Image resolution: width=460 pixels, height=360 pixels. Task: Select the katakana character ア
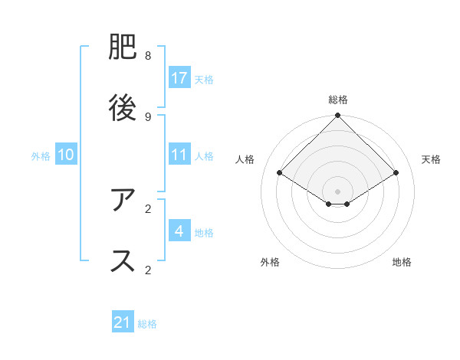click(x=123, y=200)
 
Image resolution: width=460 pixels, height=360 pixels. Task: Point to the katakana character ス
click(x=123, y=260)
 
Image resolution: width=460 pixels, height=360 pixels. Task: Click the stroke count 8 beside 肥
click(x=148, y=56)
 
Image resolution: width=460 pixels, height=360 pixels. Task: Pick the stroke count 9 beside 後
click(x=148, y=116)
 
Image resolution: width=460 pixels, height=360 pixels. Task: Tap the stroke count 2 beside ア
click(x=148, y=208)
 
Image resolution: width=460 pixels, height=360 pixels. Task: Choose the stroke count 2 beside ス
click(x=148, y=269)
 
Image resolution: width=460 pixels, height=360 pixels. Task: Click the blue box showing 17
click(x=179, y=78)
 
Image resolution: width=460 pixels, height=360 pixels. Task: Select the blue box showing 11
click(x=179, y=155)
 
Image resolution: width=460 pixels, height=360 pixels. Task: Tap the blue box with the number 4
click(x=179, y=231)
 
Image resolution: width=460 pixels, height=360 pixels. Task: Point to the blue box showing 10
click(x=66, y=155)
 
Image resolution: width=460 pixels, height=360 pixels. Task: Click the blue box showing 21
click(x=123, y=323)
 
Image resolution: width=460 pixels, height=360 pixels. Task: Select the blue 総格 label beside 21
click(x=147, y=324)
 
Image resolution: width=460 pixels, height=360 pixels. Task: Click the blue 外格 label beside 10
click(x=41, y=155)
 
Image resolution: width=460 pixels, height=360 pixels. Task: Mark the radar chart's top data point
click(x=337, y=116)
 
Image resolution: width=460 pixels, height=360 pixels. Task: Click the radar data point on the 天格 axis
click(x=396, y=173)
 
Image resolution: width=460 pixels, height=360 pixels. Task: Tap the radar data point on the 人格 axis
click(x=280, y=173)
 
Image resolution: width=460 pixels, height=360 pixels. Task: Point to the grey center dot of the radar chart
click(x=337, y=191)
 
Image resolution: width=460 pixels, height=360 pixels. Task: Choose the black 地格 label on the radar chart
click(x=402, y=262)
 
